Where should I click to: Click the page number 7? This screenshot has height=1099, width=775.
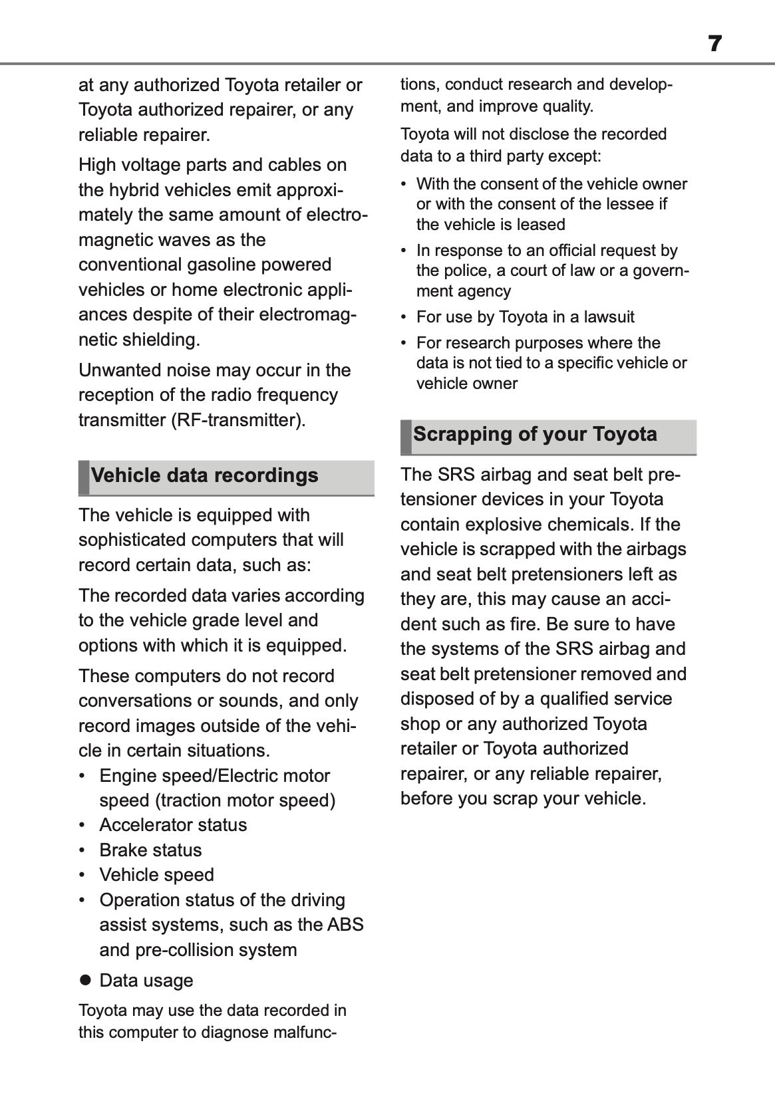(x=714, y=44)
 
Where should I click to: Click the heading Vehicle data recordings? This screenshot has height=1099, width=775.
(x=204, y=476)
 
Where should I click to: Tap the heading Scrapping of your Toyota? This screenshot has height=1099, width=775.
(x=535, y=435)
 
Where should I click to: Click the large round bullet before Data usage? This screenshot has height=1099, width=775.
(x=84, y=980)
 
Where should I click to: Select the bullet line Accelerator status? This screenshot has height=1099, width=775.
(x=173, y=825)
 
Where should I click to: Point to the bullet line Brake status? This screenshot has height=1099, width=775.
(x=150, y=850)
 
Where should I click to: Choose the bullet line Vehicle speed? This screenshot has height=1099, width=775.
(x=156, y=875)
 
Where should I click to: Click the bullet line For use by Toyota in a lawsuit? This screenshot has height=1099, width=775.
(x=525, y=317)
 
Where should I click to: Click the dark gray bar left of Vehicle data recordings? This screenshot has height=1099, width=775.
(x=83, y=477)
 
